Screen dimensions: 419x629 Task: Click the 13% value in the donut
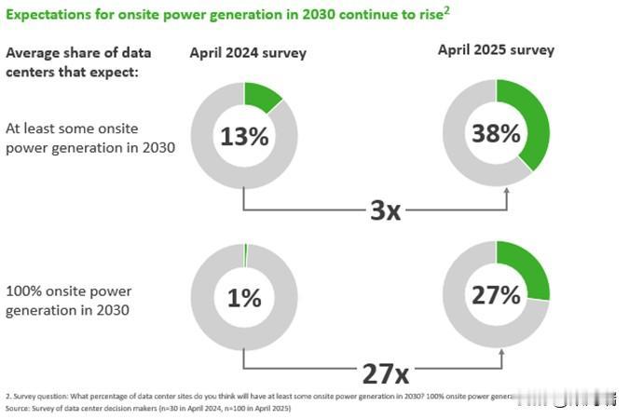point(244,137)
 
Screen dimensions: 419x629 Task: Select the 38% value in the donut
point(496,133)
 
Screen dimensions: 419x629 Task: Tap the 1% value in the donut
point(243,297)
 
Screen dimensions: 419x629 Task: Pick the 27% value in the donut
point(496,295)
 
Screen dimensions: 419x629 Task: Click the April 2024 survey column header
point(248,53)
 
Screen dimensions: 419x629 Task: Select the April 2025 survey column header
point(496,49)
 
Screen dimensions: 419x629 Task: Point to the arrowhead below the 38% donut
point(507,192)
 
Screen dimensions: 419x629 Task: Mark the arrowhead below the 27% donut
point(502,353)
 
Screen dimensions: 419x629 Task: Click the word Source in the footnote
point(18,409)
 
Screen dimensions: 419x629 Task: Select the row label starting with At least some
point(89,137)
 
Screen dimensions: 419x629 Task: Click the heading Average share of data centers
point(78,61)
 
